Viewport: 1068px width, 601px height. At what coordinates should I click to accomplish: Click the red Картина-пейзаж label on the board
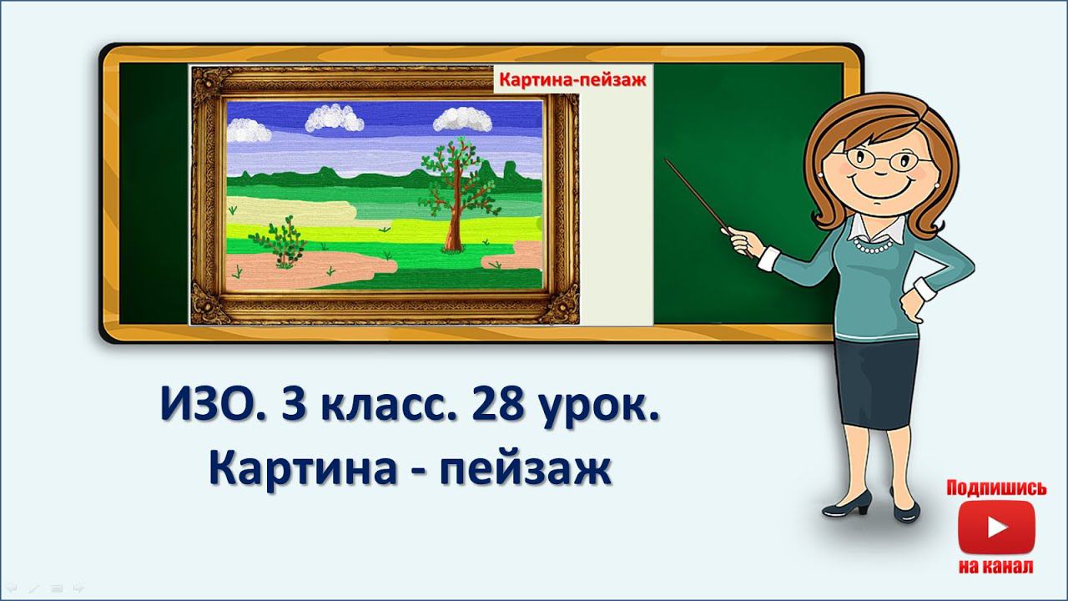(x=572, y=82)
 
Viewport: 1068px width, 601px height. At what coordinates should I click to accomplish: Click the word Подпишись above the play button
(x=995, y=488)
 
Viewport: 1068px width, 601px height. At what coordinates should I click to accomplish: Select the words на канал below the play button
(x=995, y=567)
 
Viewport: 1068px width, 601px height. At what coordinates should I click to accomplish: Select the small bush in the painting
(x=284, y=243)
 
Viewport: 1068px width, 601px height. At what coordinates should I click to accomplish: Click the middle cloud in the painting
(x=335, y=119)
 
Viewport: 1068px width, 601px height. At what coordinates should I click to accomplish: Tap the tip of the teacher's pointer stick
(x=667, y=160)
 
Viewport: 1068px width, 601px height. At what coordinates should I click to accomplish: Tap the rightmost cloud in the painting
(x=462, y=120)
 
